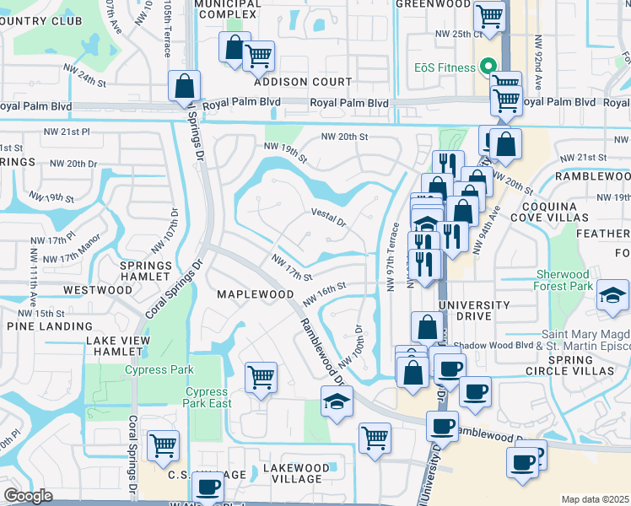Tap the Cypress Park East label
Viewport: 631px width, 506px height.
(x=207, y=397)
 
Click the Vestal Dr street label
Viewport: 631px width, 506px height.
(x=329, y=218)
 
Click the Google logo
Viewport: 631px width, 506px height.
(x=28, y=496)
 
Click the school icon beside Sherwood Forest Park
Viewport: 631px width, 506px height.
(x=612, y=298)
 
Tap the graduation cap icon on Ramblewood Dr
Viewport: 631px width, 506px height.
(x=336, y=401)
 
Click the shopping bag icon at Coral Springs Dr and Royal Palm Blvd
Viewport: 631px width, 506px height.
(x=183, y=85)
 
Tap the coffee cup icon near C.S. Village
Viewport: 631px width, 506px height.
(x=208, y=487)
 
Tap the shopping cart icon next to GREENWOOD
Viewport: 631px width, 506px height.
(x=488, y=14)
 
